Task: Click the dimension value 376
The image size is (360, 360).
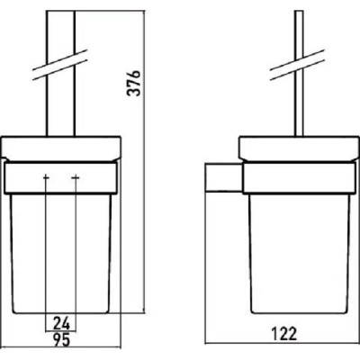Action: [133, 83]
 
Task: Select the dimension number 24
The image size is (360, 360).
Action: [61, 323]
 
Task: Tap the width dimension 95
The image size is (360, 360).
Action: [61, 340]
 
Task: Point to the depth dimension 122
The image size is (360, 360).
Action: [284, 334]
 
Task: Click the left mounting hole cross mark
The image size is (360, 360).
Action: [46, 178]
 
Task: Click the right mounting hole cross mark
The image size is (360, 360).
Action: [76, 178]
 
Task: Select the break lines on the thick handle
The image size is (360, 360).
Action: [60, 65]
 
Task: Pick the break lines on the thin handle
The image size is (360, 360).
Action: [298, 65]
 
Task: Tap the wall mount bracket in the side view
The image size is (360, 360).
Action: [223, 177]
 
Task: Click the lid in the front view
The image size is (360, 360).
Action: [61, 148]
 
